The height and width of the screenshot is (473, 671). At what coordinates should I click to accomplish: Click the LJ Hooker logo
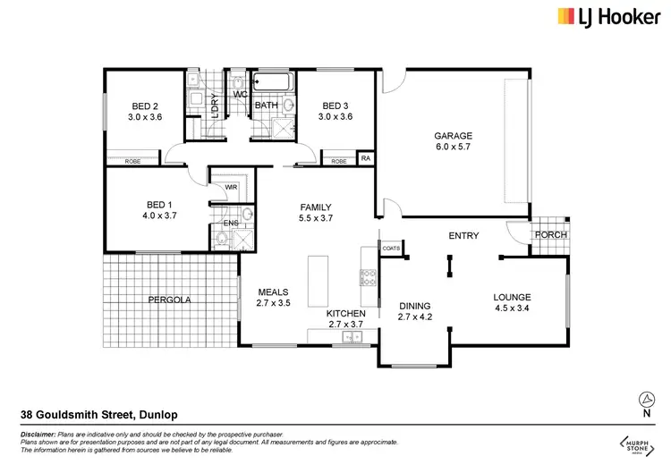606,16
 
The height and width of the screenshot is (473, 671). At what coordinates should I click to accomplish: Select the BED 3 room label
336,105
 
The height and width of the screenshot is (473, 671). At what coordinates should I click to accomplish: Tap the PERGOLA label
169,300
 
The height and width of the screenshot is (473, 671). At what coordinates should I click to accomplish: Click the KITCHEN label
344,313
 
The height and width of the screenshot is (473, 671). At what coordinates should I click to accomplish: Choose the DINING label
413,305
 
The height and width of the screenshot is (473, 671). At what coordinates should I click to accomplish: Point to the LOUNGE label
513,298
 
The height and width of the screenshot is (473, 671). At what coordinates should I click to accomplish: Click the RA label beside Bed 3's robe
365,159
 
